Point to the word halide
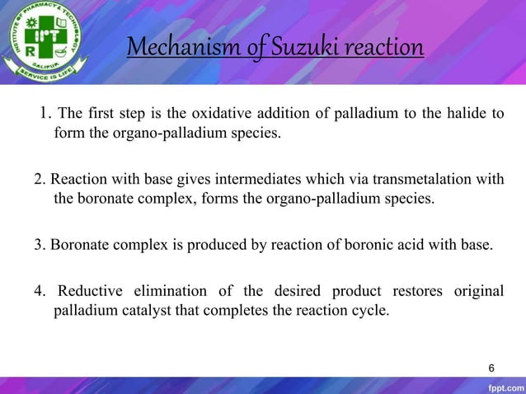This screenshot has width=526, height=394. tap(468, 113)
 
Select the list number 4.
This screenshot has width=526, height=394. tap(39, 293)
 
